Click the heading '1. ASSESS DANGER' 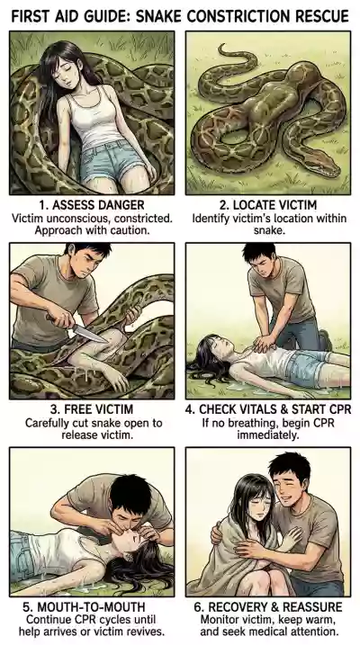92,205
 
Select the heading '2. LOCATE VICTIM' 269,205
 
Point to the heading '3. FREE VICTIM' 92,409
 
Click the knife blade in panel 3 91,334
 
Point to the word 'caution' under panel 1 130,230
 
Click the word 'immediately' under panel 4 268,434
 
